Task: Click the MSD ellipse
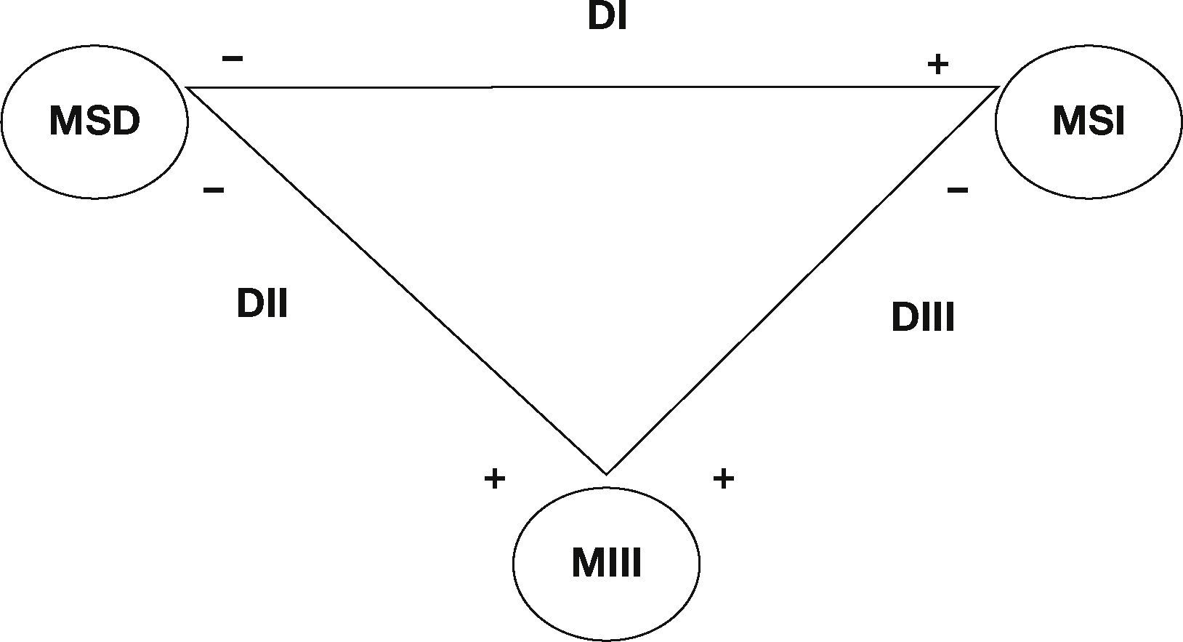tap(94, 121)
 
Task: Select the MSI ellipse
tap(1088, 121)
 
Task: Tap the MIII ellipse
tap(606, 563)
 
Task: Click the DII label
tap(262, 303)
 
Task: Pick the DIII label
tap(922, 318)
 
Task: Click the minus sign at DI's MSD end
tap(232, 59)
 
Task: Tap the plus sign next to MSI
tap(937, 65)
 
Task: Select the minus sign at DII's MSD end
tap(214, 190)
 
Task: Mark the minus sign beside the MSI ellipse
tap(958, 190)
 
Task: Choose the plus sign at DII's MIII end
tap(494, 478)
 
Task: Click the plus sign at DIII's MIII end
tap(723, 478)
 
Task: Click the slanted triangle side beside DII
tap(396, 280)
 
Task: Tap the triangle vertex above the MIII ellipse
tap(606, 473)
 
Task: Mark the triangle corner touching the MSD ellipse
tap(188, 87)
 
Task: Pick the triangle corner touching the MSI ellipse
tap(998, 87)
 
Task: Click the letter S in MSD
tap(94, 121)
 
